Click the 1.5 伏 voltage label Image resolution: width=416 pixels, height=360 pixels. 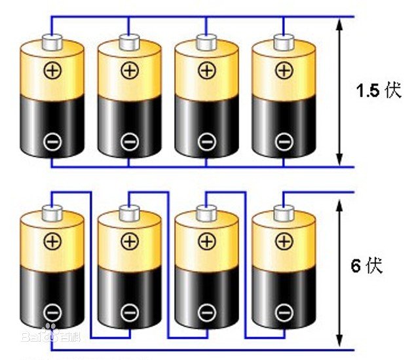pos(379,90)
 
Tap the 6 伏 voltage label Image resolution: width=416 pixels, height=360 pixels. pos(367,266)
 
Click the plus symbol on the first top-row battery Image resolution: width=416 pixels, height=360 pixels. pos(52,71)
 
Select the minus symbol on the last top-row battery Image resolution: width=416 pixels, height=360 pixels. pos(284,142)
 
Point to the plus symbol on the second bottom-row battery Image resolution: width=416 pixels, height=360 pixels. pos(130,242)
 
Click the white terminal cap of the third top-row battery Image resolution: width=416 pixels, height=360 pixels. pos(206,42)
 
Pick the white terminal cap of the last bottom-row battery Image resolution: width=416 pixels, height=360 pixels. pos(284,213)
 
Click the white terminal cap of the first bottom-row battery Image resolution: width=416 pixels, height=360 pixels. pos(52,213)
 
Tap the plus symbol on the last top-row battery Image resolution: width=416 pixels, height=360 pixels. pos(284,71)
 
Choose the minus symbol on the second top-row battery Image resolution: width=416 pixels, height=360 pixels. pos(130,142)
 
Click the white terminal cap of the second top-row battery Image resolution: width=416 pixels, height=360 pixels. pos(130,42)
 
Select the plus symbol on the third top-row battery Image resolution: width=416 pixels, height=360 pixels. pos(207,71)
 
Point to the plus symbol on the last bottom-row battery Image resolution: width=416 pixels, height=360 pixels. pos(284,242)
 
